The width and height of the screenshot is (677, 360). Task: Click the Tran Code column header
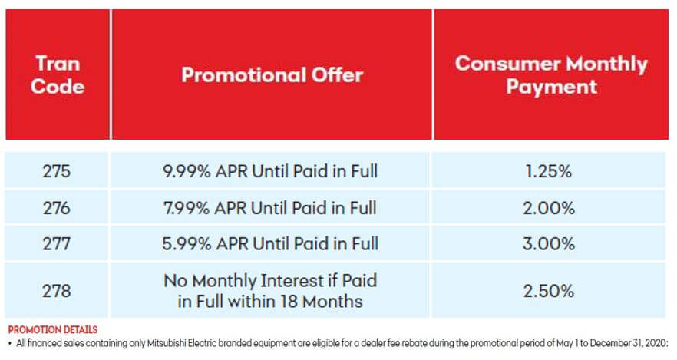(x=58, y=75)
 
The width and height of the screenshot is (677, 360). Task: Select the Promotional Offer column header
(x=272, y=75)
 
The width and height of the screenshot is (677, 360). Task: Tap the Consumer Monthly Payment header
(x=551, y=75)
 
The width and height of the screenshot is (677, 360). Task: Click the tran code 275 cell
(x=57, y=171)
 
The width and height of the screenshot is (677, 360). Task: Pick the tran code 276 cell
(x=57, y=208)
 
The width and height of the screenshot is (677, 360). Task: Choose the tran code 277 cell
(x=57, y=244)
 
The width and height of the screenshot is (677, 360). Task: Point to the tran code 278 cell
(x=57, y=290)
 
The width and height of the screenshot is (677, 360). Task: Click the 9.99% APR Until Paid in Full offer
(x=270, y=171)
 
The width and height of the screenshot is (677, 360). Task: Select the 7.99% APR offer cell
(x=270, y=208)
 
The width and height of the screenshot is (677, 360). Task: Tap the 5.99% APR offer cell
(x=270, y=244)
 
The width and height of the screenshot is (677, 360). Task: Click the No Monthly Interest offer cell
(x=270, y=290)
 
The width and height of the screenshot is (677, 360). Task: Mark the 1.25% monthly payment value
(x=549, y=171)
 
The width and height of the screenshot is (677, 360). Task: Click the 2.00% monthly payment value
(x=549, y=208)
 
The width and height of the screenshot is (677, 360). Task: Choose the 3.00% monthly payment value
(x=549, y=244)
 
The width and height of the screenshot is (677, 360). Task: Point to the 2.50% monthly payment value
(x=549, y=290)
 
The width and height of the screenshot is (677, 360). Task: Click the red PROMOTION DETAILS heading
(x=53, y=330)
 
